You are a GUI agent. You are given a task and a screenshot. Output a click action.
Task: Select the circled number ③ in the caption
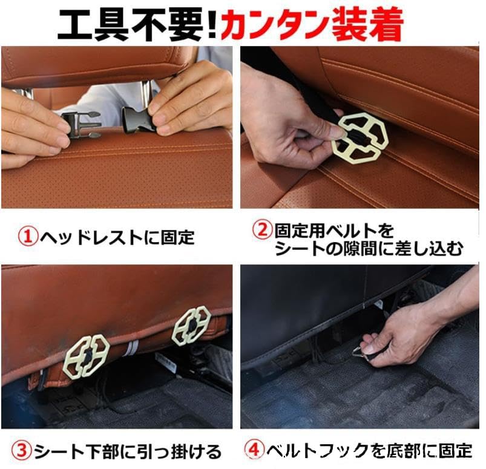click(21, 451)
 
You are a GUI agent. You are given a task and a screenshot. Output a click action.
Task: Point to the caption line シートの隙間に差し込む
click(369, 249)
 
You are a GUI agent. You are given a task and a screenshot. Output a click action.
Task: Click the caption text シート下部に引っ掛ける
click(127, 451)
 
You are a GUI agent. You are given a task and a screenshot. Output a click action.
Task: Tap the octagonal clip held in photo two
click(358, 138)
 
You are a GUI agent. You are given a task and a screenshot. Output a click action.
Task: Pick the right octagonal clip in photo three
click(191, 326)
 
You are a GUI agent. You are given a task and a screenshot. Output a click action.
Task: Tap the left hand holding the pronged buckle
click(33, 124)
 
